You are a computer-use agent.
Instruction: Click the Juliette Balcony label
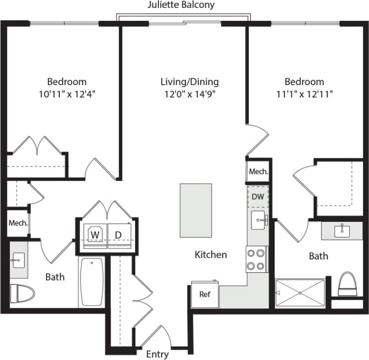coord(181,5)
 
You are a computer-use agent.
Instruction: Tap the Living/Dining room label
coord(189,82)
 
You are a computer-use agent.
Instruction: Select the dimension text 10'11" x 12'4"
coord(67,94)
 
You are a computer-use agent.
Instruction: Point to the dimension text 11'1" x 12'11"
coord(304,94)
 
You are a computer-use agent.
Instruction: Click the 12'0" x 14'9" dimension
coord(189,94)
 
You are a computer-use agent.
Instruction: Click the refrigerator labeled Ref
coord(205,294)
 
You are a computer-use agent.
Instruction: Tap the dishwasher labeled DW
coord(258,197)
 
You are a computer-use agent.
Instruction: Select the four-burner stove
coord(256,259)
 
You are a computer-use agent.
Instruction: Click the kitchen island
coord(195,210)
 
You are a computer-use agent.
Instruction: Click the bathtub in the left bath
coord(92,282)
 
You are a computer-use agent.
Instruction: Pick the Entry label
coord(157,354)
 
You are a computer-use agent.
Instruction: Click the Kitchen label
coord(211,255)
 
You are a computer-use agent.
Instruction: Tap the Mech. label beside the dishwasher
coord(258,172)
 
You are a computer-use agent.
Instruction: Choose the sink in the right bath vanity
coord(341,230)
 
